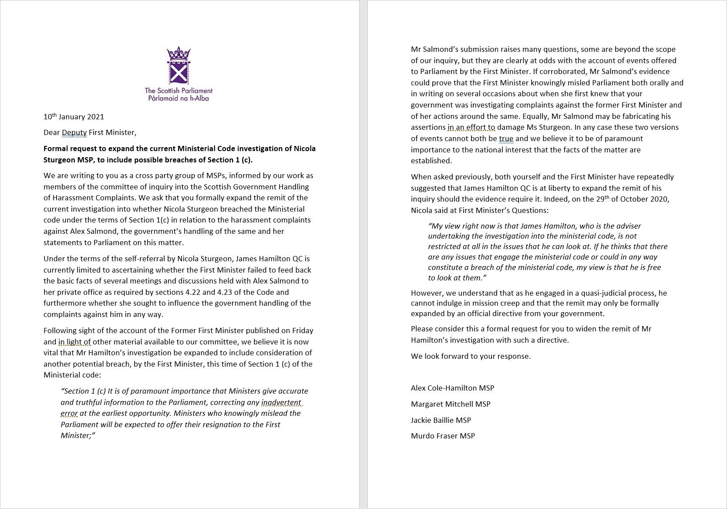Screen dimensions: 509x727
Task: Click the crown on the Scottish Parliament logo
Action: pos(179,54)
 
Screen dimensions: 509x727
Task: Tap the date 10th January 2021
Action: pos(74,117)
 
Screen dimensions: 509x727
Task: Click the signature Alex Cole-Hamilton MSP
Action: pos(452,388)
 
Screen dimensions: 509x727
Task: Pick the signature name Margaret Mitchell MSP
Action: pos(451,404)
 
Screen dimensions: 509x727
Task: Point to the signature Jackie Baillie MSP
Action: pos(441,420)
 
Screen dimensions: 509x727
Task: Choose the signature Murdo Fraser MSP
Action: pos(443,436)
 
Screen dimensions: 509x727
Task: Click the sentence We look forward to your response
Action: pos(471,356)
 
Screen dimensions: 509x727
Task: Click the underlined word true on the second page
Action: pos(506,139)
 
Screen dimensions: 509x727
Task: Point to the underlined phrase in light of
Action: pos(74,342)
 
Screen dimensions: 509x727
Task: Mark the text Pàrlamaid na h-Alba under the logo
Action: pos(178,98)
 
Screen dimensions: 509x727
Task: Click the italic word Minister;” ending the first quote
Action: pos(78,435)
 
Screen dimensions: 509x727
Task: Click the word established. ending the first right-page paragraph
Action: pos(431,161)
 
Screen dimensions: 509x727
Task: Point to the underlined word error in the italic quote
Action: pos(69,413)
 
